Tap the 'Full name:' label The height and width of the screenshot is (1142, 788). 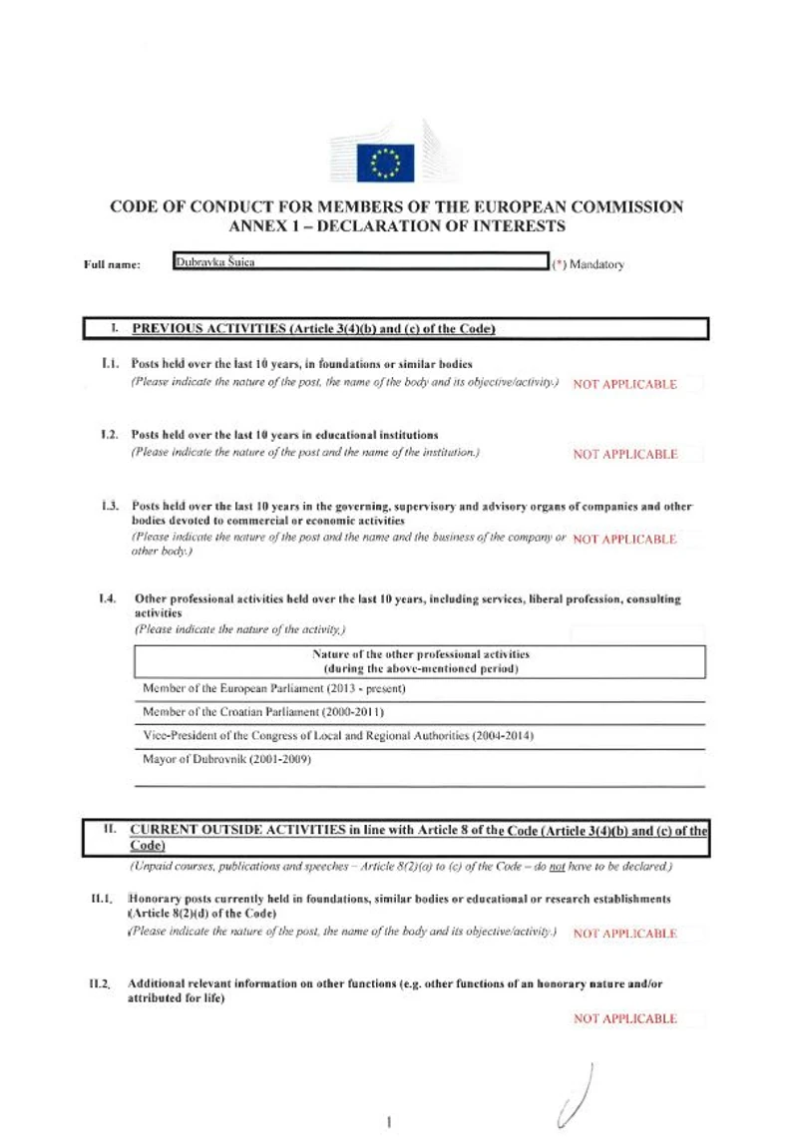112,265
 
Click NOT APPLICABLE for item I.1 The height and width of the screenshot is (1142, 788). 625,384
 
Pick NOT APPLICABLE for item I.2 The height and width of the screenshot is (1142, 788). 625,454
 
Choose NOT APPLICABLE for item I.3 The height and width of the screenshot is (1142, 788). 625,539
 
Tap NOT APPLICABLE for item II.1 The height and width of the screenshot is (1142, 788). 625,934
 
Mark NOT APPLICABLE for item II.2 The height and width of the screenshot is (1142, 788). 625,1018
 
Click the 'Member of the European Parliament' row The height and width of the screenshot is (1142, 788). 274,688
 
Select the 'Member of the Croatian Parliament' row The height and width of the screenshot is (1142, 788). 263,711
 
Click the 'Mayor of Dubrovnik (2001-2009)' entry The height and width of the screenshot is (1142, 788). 227,759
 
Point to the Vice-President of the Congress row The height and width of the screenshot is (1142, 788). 339,735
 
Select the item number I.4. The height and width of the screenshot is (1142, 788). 109,599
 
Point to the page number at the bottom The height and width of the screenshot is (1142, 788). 387,1121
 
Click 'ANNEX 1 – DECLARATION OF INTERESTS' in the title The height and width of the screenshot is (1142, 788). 397,226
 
